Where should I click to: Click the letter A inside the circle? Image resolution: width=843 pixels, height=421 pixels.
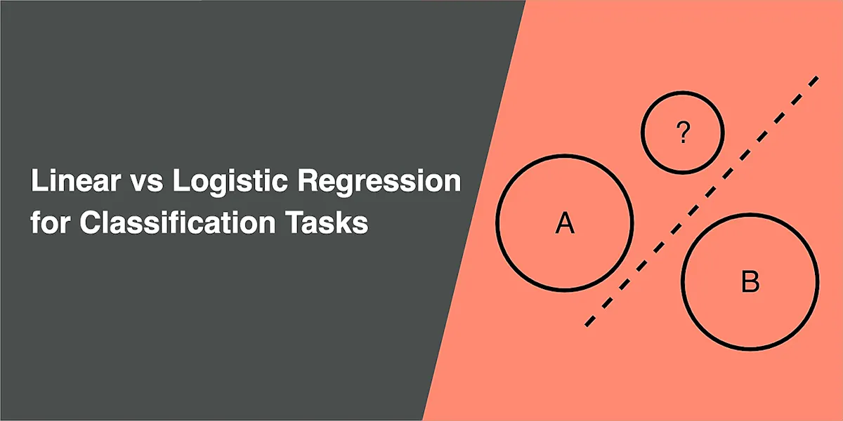tap(565, 222)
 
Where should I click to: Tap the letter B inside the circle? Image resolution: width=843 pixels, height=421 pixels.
tap(750, 283)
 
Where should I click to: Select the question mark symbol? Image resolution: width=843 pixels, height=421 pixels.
tap(682, 132)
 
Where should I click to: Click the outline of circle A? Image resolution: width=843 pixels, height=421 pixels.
tap(497, 222)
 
